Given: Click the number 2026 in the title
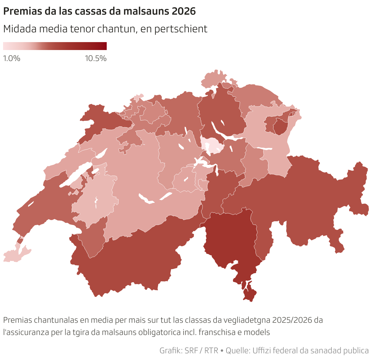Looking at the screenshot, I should pyautogui.click(x=183, y=11).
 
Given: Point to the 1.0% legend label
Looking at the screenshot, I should pyautogui.click(x=12, y=58).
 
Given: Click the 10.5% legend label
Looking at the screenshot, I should pyautogui.click(x=96, y=58).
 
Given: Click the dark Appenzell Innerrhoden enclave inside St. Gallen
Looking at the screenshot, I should pyautogui.click(x=281, y=127).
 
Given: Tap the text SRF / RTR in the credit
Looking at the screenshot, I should pyautogui.click(x=201, y=351).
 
